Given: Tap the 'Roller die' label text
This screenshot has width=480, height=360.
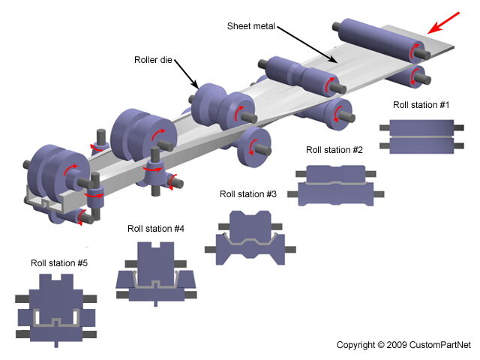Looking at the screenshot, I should pos(153,60).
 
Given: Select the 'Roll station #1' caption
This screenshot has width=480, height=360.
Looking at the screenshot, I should pos(419,105).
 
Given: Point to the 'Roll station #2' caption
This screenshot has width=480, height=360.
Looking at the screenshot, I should pos(334,150).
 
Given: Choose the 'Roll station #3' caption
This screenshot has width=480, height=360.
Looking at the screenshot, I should pos(248,193).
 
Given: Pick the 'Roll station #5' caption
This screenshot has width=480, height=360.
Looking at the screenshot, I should pos(59,263).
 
